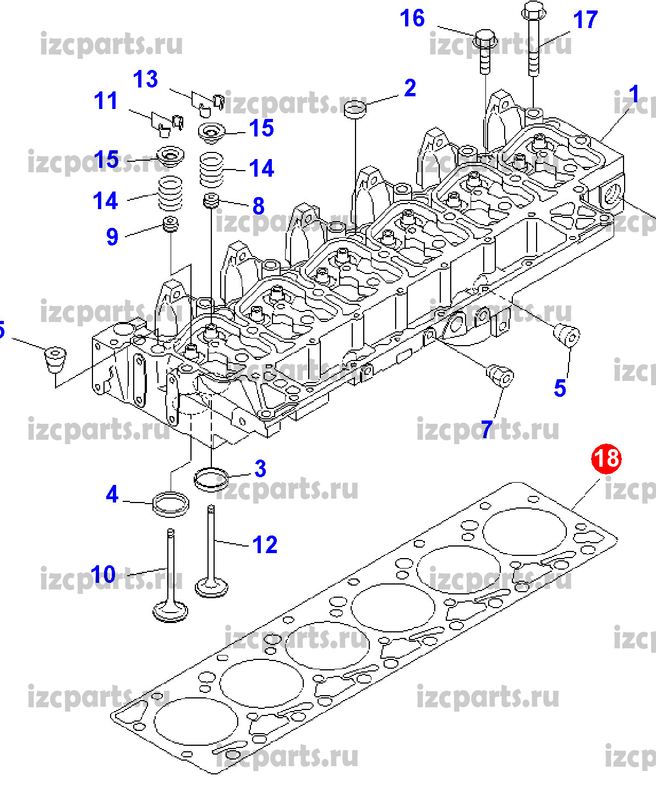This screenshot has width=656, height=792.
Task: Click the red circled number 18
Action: [606, 458]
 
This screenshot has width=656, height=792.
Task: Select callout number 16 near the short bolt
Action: [412, 18]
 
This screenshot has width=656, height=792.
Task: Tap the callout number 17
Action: [585, 20]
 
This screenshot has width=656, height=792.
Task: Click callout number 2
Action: [410, 88]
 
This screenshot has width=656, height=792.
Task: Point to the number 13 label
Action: [145, 79]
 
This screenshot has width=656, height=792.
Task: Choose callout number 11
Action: [106, 101]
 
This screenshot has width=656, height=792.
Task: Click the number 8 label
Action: [259, 206]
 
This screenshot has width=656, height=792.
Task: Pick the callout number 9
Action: [112, 237]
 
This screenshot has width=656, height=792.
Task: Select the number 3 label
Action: [260, 469]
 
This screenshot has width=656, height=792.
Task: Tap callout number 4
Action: [112, 494]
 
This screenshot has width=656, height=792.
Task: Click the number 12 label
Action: [265, 545]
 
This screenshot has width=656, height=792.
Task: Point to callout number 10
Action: [103, 575]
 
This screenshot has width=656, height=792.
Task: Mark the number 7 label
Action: [486, 429]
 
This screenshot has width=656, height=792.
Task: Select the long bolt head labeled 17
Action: [532, 10]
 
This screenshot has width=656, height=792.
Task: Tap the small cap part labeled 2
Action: [355, 108]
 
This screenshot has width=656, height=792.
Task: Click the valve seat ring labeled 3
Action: [211, 478]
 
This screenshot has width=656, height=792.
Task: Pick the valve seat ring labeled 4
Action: [171, 504]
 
